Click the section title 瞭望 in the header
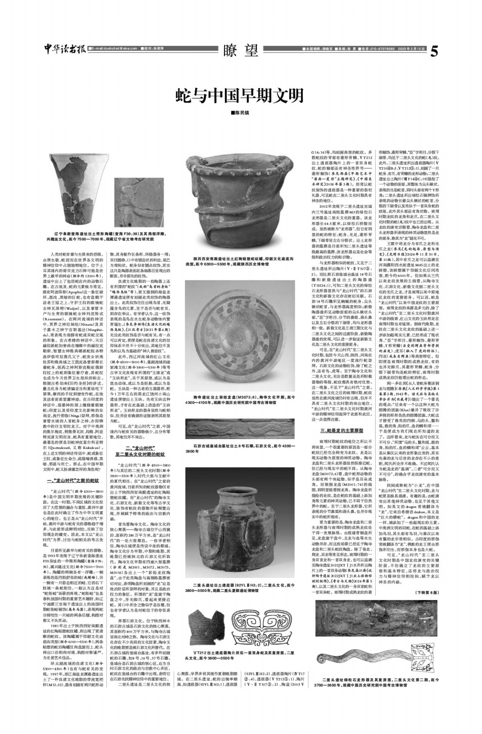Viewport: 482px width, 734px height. (x=241, y=51)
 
